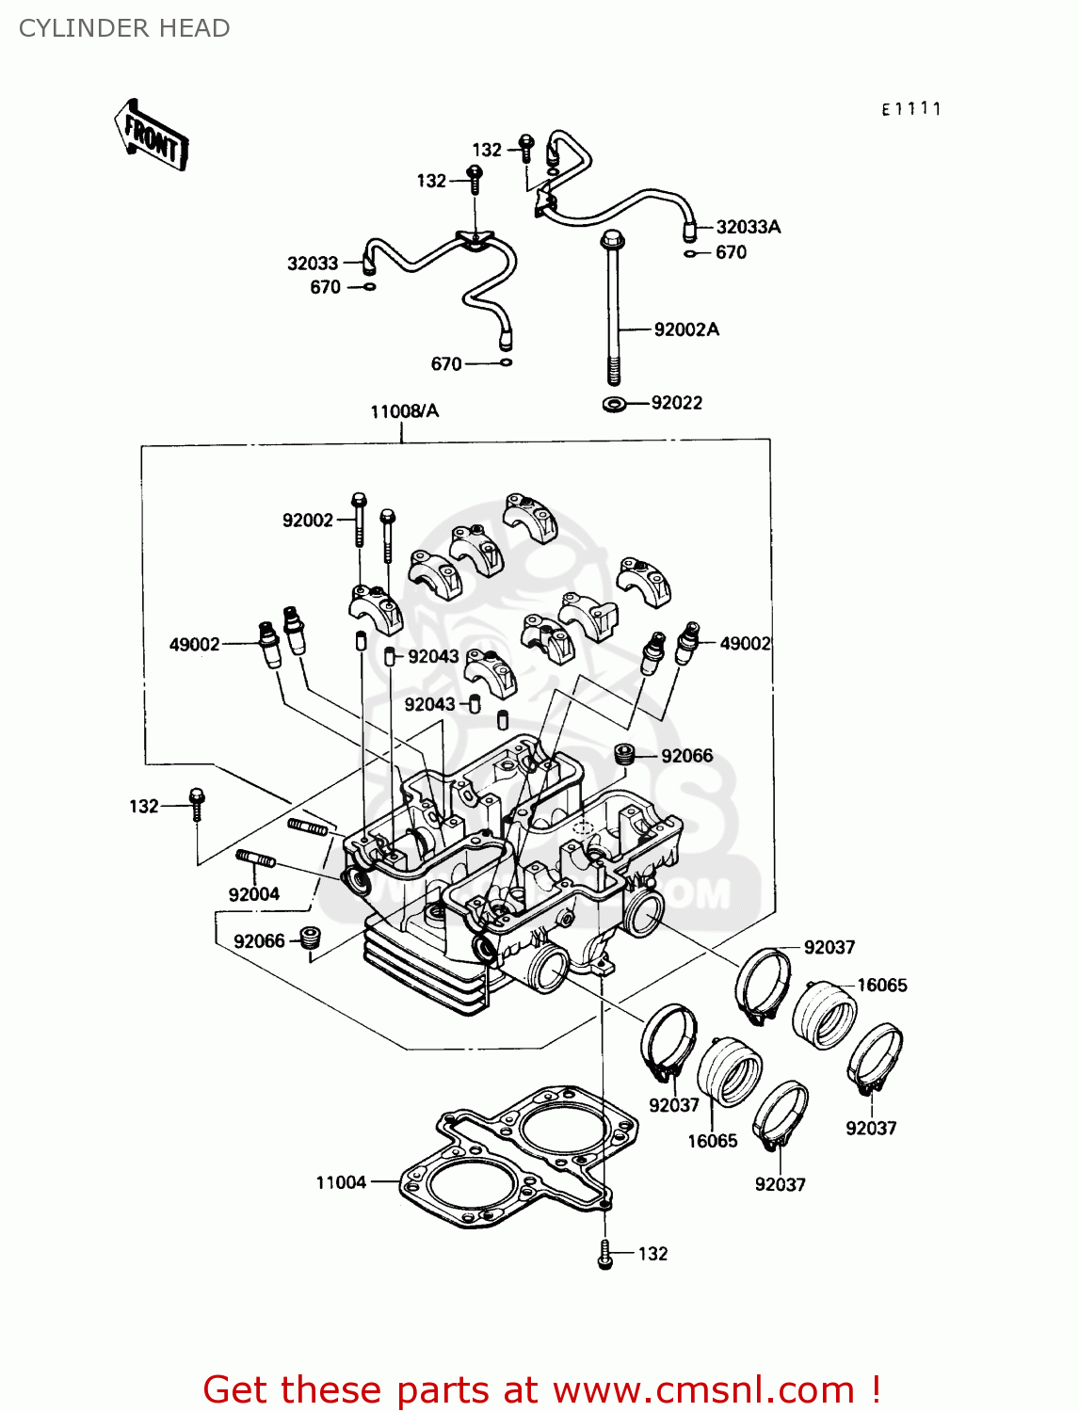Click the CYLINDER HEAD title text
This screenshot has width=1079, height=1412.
pyautogui.click(x=124, y=28)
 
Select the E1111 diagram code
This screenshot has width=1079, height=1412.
pyautogui.click(x=910, y=109)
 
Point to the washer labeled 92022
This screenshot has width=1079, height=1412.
pyautogui.click(x=614, y=405)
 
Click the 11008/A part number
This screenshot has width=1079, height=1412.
pyautogui.click(x=404, y=411)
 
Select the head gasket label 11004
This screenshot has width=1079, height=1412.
pyautogui.click(x=341, y=1182)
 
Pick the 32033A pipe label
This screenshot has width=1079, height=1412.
pyautogui.click(x=748, y=227)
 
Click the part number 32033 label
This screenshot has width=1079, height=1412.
pyautogui.click(x=312, y=264)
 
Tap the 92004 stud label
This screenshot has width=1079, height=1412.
pyautogui.click(x=253, y=894)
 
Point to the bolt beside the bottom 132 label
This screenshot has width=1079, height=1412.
pyautogui.click(x=605, y=1254)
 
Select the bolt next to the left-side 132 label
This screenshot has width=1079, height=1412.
pyautogui.click(x=196, y=803)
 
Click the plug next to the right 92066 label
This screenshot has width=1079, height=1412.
pyautogui.click(x=621, y=754)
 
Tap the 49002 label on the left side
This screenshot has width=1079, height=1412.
pyautogui.click(x=194, y=645)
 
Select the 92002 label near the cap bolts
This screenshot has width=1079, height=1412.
pyautogui.click(x=308, y=521)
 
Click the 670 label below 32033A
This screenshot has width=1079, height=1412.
pyautogui.click(x=731, y=252)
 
